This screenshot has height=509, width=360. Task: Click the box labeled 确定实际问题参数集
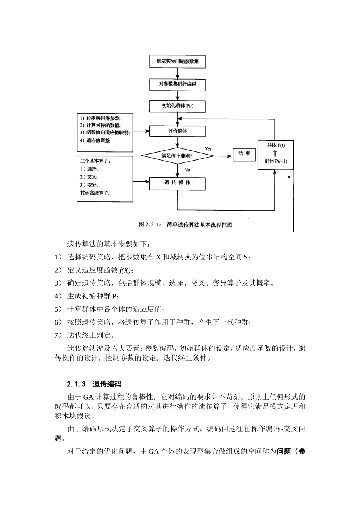click(177, 61)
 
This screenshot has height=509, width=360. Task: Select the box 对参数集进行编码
click(177, 84)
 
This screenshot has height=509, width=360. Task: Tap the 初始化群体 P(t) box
click(177, 106)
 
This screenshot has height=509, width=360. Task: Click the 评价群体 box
click(177, 131)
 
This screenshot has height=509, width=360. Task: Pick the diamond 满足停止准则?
click(177, 155)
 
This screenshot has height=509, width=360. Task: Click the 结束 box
click(244, 154)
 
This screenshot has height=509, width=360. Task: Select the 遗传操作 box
click(177, 183)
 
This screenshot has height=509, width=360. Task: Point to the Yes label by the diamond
click(208, 149)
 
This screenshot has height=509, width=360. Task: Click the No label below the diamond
click(187, 170)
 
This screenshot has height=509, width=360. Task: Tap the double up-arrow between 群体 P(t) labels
click(275, 153)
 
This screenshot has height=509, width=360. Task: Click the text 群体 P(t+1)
click(275, 161)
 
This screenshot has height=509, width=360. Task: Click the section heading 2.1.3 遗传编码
click(94, 384)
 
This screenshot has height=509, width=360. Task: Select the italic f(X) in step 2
click(125, 270)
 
